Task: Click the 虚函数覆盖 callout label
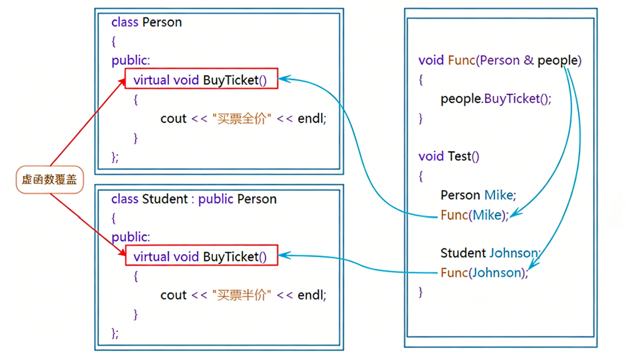pos(49,179)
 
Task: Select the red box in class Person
pos(201,78)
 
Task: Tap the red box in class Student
pos(201,256)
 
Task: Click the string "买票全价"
pos(242,118)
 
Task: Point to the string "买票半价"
pos(242,295)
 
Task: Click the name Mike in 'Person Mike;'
pos(498,195)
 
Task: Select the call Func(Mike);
pos(474,215)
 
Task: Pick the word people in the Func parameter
pos(559,60)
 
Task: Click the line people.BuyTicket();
pos(496,99)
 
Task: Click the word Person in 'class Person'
pos(162,22)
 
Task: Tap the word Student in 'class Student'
pos(164,199)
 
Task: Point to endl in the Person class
pos(311,118)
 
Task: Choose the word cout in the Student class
pos(173,295)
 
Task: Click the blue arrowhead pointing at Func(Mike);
pos(513,214)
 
